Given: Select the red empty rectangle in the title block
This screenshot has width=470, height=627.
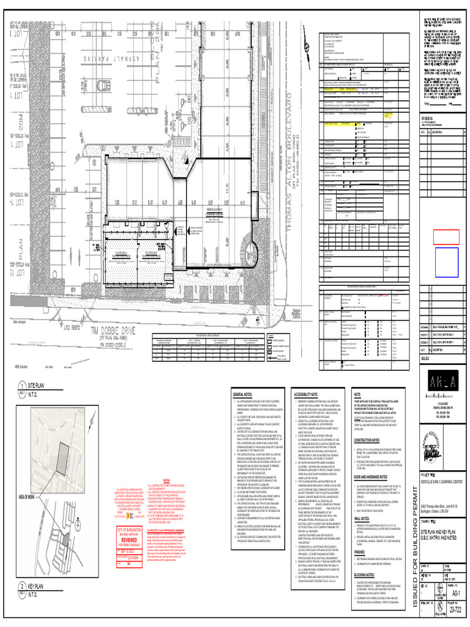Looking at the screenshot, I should pyautogui.click(x=446, y=236).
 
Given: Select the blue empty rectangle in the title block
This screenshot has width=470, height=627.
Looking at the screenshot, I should pyautogui.click(x=446, y=263).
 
